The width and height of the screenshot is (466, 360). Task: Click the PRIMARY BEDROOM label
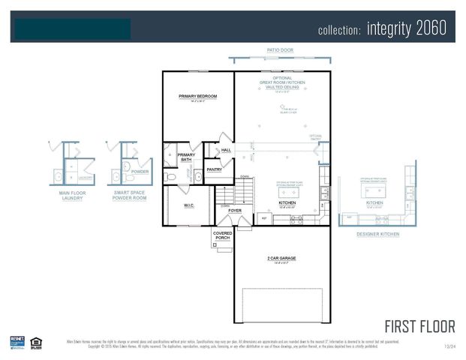click(198, 97)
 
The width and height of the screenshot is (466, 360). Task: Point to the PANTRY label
click(215, 169)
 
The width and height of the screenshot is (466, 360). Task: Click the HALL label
click(226, 150)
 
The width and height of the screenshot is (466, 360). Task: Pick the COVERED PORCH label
click(223, 235)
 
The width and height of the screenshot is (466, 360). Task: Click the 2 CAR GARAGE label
click(281, 259)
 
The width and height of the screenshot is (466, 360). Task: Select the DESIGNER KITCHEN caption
click(378, 234)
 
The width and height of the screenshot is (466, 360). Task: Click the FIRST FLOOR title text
click(419, 326)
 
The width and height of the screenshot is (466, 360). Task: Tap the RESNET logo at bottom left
click(17, 341)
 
